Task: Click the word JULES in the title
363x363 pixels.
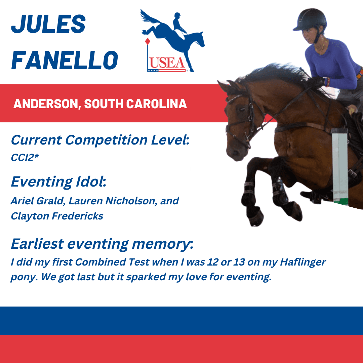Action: click(x=48, y=24)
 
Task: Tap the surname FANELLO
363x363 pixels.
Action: click(x=65, y=60)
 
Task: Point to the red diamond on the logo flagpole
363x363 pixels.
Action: click(x=148, y=41)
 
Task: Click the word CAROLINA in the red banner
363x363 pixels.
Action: click(x=157, y=104)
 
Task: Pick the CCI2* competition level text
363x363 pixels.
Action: click(x=25, y=158)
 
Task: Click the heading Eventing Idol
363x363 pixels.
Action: click(x=58, y=182)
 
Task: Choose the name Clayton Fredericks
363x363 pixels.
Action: click(x=57, y=216)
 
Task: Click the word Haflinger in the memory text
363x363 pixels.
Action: click(x=303, y=262)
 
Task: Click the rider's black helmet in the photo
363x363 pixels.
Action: click(x=310, y=20)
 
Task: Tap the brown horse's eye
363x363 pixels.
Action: click(x=241, y=109)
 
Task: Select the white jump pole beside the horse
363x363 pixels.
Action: click(x=340, y=166)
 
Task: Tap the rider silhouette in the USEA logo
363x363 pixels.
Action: click(x=179, y=24)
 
